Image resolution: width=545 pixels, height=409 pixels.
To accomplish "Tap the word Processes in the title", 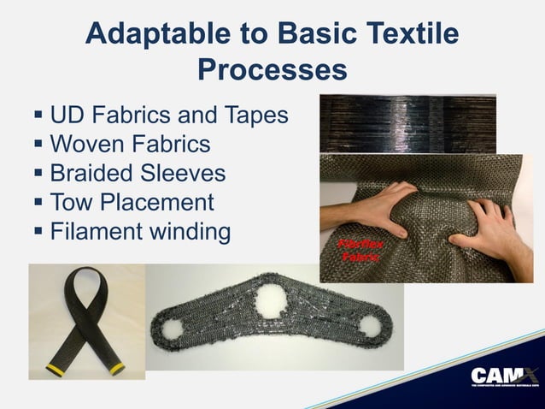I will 272,68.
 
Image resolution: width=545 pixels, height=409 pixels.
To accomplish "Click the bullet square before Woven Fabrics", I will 38,143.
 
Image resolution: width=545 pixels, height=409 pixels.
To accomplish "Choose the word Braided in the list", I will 90,173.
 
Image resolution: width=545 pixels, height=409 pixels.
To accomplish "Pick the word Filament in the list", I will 95,232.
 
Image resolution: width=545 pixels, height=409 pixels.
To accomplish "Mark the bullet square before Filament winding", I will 38,232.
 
